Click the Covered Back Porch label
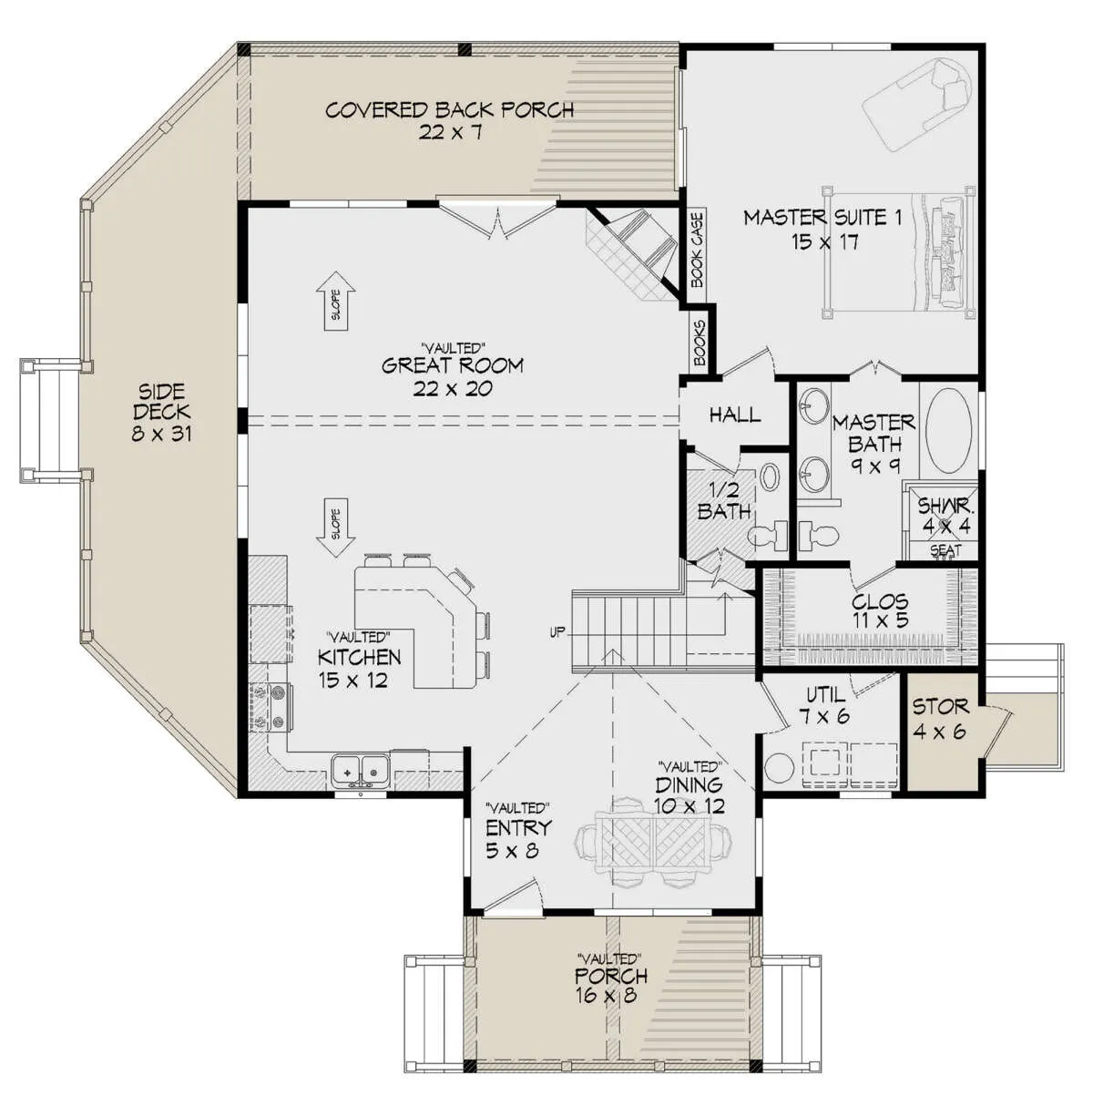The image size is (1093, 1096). point(449,120)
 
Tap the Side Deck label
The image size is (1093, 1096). point(161,413)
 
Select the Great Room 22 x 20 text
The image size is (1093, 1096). point(452,376)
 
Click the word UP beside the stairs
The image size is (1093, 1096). point(557,631)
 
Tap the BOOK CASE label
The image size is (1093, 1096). point(697,250)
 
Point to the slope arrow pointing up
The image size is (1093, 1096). point(336,301)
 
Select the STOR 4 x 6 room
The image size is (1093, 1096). point(941,731)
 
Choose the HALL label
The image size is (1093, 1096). point(735,415)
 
